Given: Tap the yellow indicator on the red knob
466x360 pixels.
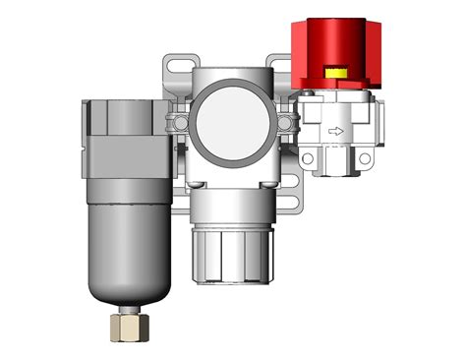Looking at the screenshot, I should coord(335,72).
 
